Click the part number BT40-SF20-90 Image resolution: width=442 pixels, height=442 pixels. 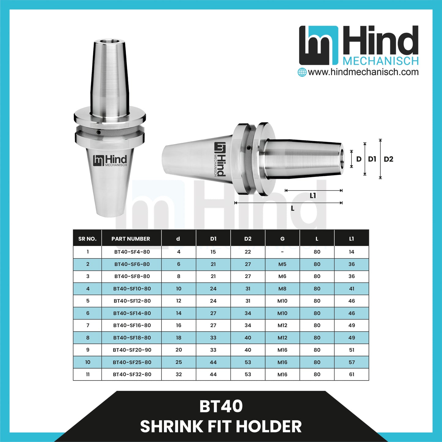(x=132, y=350)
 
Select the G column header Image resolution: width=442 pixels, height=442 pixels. (x=282, y=239)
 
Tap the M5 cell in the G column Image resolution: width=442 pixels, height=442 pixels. (x=282, y=264)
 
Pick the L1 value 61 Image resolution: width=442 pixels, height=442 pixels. (x=351, y=374)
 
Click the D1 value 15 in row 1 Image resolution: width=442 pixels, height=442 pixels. (x=213, y=252)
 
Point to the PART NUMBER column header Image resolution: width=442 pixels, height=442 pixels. (x=131, y=239)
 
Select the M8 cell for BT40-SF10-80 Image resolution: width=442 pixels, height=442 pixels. (x=282, y=289)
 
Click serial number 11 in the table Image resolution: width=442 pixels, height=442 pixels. (x=88, y=374)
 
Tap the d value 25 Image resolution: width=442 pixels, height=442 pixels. (x=179, y=362)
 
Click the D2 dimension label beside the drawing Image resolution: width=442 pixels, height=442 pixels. (x=388, y=159)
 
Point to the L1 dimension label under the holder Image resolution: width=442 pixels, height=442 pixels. (x=313, y=196)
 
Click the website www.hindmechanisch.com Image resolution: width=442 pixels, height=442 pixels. (x=363, y=72)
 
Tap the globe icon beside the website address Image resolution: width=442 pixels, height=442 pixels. (x=302, y=72)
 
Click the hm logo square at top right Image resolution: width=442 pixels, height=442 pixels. (x=318, y=45)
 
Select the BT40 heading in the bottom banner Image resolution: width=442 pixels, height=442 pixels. (x=221, y=407)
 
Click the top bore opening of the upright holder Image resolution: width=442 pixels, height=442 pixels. (x=109, y=41)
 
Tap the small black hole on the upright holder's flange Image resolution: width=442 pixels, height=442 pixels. (x=98, y=132)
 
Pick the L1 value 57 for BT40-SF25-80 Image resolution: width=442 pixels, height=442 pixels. (x=351, y=362)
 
